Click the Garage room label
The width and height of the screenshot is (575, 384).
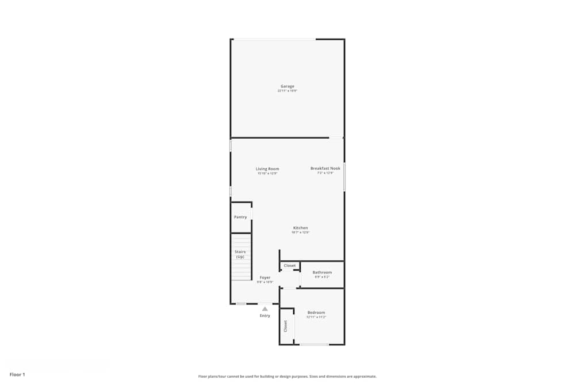click(x=287, y=86)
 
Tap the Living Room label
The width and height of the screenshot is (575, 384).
click(x=267, y=169)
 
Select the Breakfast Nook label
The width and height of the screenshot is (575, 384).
click(x=325, y=168)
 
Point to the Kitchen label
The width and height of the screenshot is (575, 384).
click(x=300, y=228)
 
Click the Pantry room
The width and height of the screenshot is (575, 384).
click(x=240, y=217)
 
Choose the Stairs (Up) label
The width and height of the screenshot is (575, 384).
click(x=240, y=254)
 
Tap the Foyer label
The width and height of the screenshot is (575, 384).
click(x=264, y=277)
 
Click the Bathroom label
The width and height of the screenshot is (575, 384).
click(x=322, y=272)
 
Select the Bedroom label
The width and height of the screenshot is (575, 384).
click(x=316, y=313)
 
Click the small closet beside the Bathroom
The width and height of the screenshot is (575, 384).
click(x=290, y=265)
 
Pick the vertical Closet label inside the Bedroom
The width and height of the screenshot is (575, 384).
click(x=285, y=326)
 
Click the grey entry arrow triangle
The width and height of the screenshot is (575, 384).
click(x=265, y=309)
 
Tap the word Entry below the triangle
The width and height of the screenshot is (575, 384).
click(x=265, y=315)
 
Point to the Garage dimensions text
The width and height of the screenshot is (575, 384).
click(x=287, y=91)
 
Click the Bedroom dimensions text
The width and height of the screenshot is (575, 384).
click(x=316, y=317)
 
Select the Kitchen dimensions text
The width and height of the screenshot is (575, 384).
click(x=300, y=233)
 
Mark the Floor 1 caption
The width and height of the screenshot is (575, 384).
click(x=17, y=374)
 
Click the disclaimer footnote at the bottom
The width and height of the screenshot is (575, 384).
click(x=287, y=376)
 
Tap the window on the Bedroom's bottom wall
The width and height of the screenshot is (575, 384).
click(x=314, y=344)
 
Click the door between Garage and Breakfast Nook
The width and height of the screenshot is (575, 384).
click(x=336, y=138)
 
